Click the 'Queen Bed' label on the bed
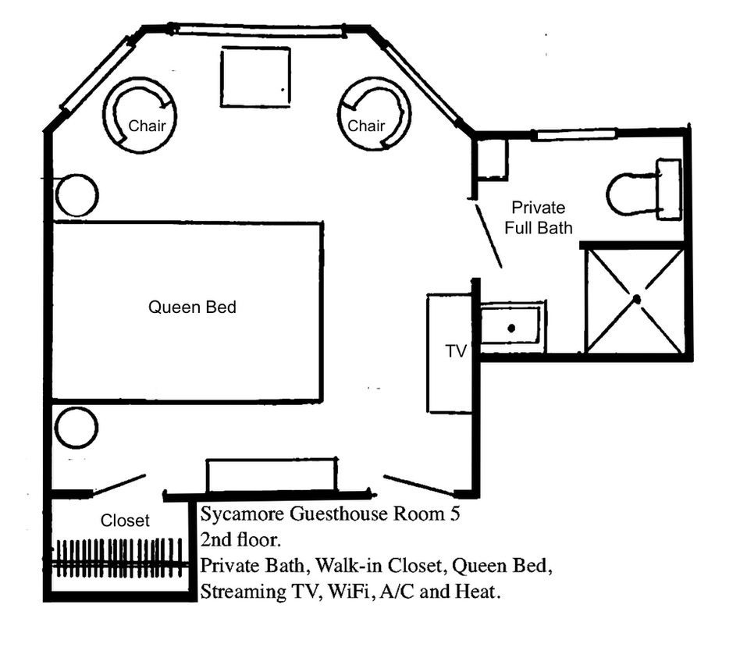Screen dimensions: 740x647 [x=192, y=308]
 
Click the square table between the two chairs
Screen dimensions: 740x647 [x=255, y=76]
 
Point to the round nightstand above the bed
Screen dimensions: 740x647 [x=76, y=195]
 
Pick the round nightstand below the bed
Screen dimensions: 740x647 [x=76, y=428]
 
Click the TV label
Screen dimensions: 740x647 [x=456, y=351]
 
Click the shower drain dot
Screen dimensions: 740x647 [x=637, y=299]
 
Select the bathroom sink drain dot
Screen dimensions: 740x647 [x=511, y=328]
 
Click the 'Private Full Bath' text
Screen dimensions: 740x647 [x=538, y=218]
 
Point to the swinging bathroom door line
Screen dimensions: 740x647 [x=488, y=236]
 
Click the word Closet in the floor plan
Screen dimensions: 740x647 [x=125, y=521]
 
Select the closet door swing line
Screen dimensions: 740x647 [x=119, y=484]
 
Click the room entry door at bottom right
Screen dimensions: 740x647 [x=419, y=485]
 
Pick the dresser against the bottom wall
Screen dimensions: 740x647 [x=272, y=475]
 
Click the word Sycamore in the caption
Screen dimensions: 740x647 [x=242, y=514]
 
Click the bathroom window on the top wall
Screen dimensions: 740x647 [x=576, y=134]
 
